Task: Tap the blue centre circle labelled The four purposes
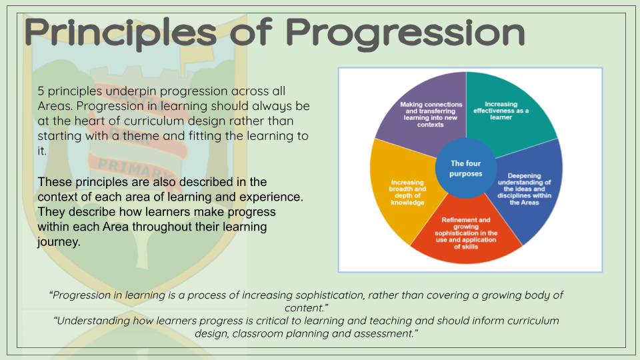[x=466, y=168]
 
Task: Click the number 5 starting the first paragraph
[x=41, y=91]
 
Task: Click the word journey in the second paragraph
[x=59, y=242]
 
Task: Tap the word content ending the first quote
[x=304, y=308]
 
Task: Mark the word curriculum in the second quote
[x=533, y=321]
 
